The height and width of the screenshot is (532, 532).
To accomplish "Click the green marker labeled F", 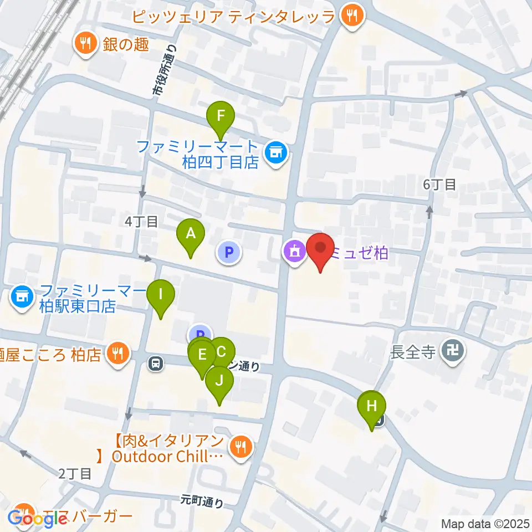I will pos(221,116).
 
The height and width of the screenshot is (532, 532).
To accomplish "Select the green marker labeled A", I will pos(190,234).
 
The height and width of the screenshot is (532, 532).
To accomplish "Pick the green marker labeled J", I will pos(219,381).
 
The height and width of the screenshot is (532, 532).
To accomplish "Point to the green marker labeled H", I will pos(372,406).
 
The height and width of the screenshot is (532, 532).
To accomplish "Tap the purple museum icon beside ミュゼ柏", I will pos(294,252).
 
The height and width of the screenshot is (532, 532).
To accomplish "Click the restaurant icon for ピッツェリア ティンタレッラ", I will pos(352,16).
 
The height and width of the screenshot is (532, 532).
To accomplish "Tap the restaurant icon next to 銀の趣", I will pos(85,44).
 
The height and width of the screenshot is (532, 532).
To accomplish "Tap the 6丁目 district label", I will pos(439,185).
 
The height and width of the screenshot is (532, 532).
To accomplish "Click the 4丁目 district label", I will pos(141,222).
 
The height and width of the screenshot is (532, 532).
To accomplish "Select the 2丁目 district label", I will pos(75,473).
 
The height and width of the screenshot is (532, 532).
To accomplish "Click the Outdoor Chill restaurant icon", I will pos(241,447).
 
